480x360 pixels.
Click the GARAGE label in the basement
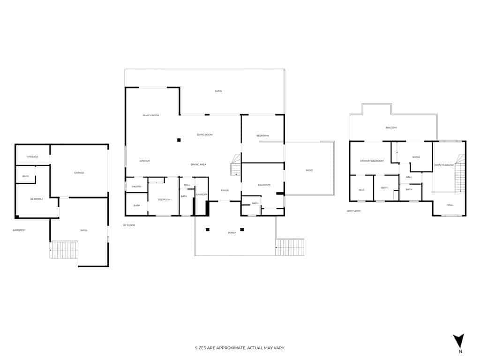pyautogui.click(x=79, y=172)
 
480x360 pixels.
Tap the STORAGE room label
pyautogui.click(x=32, y=157)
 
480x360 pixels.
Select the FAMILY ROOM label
pyautogui.click(x=151, y=115)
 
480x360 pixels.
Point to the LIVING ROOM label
pyautogui.click(x=204, y=135)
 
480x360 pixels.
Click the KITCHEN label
pyautogui.click(x=144, y=161)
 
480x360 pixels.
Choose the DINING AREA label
pyautogui.click(x=198, y=165)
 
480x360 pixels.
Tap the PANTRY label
pyautogui.click(x=137, y=187)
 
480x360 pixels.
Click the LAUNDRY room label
pyautogui.click(x=202, y=194)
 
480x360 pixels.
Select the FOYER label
pyautogui.click(x=225, y=190)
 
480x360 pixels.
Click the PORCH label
pyautogui.click(x=232, y=232)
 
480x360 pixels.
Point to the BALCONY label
pyautogui.click(x=391, y=127)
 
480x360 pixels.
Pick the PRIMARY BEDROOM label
pyautogui.click(x=372, y=161)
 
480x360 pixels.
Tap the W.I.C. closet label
pyautogui.click(x=361, y=190)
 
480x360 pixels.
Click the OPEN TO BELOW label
pyautogui.click(x=444, y=165)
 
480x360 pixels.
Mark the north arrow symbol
pyautogui.click(x=458, y=341)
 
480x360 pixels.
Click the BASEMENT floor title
pyautogui.click(x=19, y=230)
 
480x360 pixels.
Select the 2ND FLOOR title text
pyautogui.click(x=353, y=211)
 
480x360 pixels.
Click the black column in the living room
pyautogui.click(x=179, y=140)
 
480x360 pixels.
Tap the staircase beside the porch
pyautogui.click(x=290, y=247)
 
